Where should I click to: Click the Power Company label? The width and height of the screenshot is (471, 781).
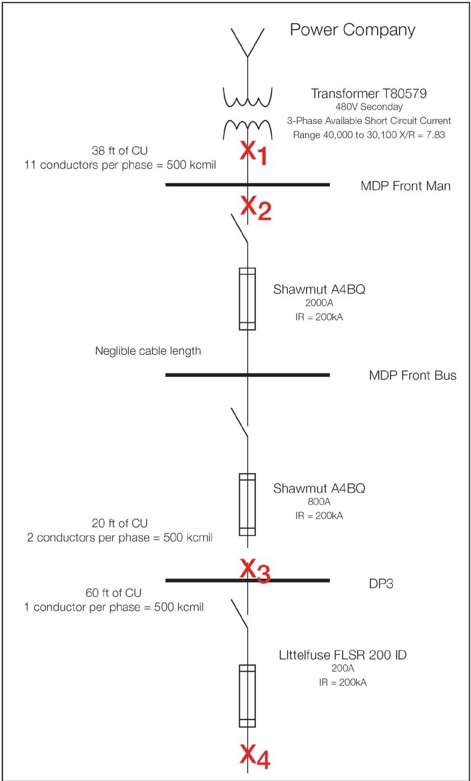click(x=352, y=30)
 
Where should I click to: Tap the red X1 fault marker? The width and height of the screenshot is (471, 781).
click(x=253, y=153)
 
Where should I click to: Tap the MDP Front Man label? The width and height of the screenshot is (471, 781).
click(x=405, y=186)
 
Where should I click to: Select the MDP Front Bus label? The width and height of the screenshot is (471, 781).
click(x=412, y=375)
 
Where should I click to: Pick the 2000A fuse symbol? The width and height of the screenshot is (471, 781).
click(x=247, y=298)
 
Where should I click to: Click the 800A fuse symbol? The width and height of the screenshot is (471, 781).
click(x=247, y=504)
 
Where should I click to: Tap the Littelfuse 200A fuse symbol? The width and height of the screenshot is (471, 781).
click(x=247, y=695)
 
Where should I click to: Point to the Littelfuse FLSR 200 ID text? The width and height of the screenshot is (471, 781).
click(x=343, y=655)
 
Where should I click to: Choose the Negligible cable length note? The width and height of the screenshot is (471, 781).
click(x=148, y=351)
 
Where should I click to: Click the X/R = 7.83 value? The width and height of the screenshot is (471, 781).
click(x=411, y=134)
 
